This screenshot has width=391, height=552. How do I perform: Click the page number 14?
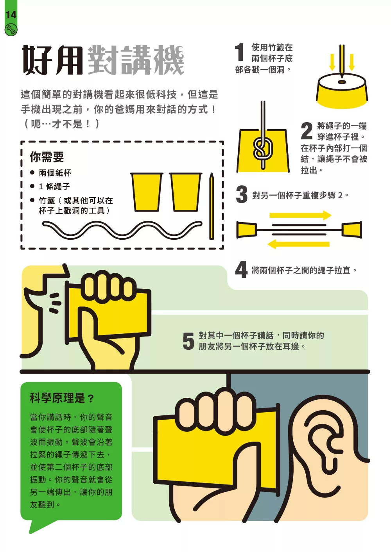pyautogui.click(x=11, y=15)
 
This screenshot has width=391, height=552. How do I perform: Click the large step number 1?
pyautogui.click(x=239, y=52)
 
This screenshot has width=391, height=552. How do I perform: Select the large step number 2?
pyautogui.click(x=307, y=131)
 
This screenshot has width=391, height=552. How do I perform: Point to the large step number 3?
pyautogui.click(x=242, y=194)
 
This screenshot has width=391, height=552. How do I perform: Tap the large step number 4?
pyautogui.click(x=241, y=269)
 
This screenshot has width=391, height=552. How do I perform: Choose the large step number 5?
pyautogui.click(x=188, y=341)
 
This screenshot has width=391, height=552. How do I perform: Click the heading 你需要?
pyautogui.click(x=47, y=157)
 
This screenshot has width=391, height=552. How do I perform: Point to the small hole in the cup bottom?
pyautogui.click(x=342, y=82)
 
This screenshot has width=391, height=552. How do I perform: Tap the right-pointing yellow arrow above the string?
pyautogui.click(x=300, y=215)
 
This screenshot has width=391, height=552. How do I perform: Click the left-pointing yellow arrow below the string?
pyautogui.click(x=298, y=244)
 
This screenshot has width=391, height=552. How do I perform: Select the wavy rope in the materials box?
pyautogui.click(x=122, y=230)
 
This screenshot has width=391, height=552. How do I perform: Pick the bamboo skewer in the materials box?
pyautogui.click(x=212, y=206)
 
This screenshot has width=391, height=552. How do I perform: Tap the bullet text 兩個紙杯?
pyautogui.click(x=55, y=173)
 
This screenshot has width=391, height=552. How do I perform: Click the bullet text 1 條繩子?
pyautogui.click(x=54, y=187)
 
